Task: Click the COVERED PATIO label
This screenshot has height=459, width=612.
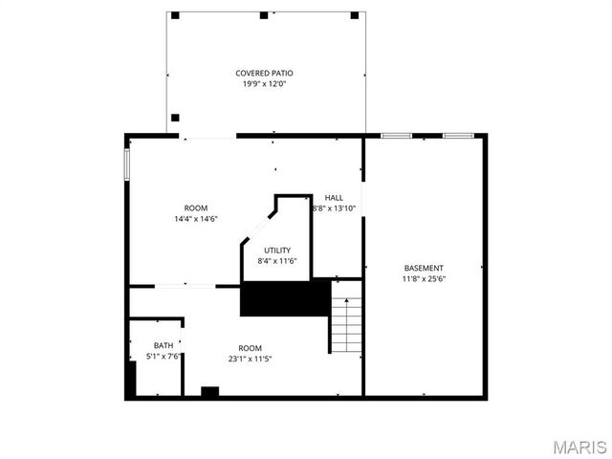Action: point(264,74)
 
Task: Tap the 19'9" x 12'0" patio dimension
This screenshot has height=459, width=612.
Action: point(264,84)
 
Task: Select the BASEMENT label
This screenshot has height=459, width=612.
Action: point(424,268)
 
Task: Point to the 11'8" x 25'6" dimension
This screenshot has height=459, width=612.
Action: point(424,279)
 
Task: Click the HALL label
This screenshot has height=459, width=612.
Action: point(334,198)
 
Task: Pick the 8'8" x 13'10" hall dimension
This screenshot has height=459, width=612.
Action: point(334,208)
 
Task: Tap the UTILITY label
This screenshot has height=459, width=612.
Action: point(277,251)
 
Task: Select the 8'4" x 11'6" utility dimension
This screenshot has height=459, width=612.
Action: point(277,261)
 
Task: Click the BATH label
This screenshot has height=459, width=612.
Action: point(164,346)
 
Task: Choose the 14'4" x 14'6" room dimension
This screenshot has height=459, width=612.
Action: point(196,219)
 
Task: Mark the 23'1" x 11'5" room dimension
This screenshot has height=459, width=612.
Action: point(251,359)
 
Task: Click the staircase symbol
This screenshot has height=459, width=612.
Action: point(345,323)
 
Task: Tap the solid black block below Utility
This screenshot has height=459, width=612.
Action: point(285,298)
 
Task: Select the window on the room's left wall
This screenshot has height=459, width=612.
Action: point(126,163)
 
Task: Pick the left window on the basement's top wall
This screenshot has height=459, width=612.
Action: point(396,136)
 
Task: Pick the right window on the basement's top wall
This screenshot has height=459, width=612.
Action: point(458,136)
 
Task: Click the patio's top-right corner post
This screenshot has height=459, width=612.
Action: point(355,15)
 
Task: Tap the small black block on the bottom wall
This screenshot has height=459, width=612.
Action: point(210,390)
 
